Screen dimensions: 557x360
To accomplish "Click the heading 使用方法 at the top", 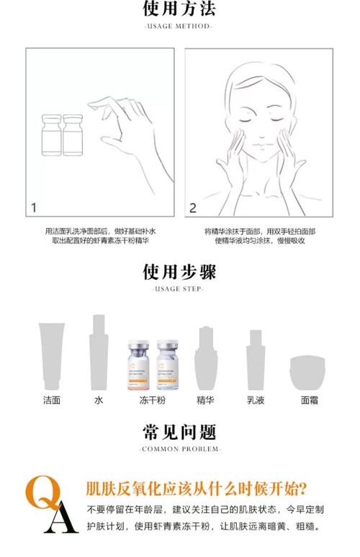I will point(179,9).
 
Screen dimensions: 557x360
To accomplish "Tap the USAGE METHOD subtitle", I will point(179,27).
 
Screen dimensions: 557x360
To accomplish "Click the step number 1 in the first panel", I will point(33,208).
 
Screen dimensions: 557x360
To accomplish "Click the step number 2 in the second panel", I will point(192,208).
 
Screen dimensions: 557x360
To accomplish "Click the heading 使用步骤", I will point(179,272).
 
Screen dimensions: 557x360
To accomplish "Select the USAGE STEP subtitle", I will point(179,289).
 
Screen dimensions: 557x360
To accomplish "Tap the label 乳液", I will point(256,399).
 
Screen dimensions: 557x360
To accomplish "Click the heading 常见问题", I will point(179,432).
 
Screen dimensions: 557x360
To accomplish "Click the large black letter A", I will point(62,520).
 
